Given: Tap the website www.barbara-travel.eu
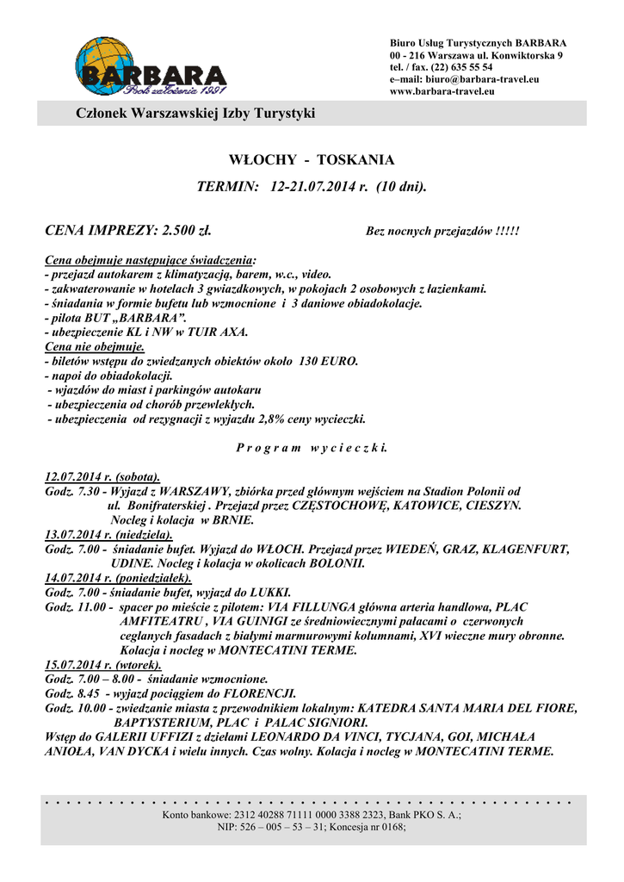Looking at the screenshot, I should coord(442,90).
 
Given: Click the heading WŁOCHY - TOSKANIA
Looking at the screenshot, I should coord(312,160).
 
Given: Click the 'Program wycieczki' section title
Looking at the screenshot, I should coord(312,448).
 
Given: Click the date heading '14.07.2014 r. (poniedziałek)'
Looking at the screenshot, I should coord(118,578).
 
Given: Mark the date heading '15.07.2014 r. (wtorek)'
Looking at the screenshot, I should coord(102,665).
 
